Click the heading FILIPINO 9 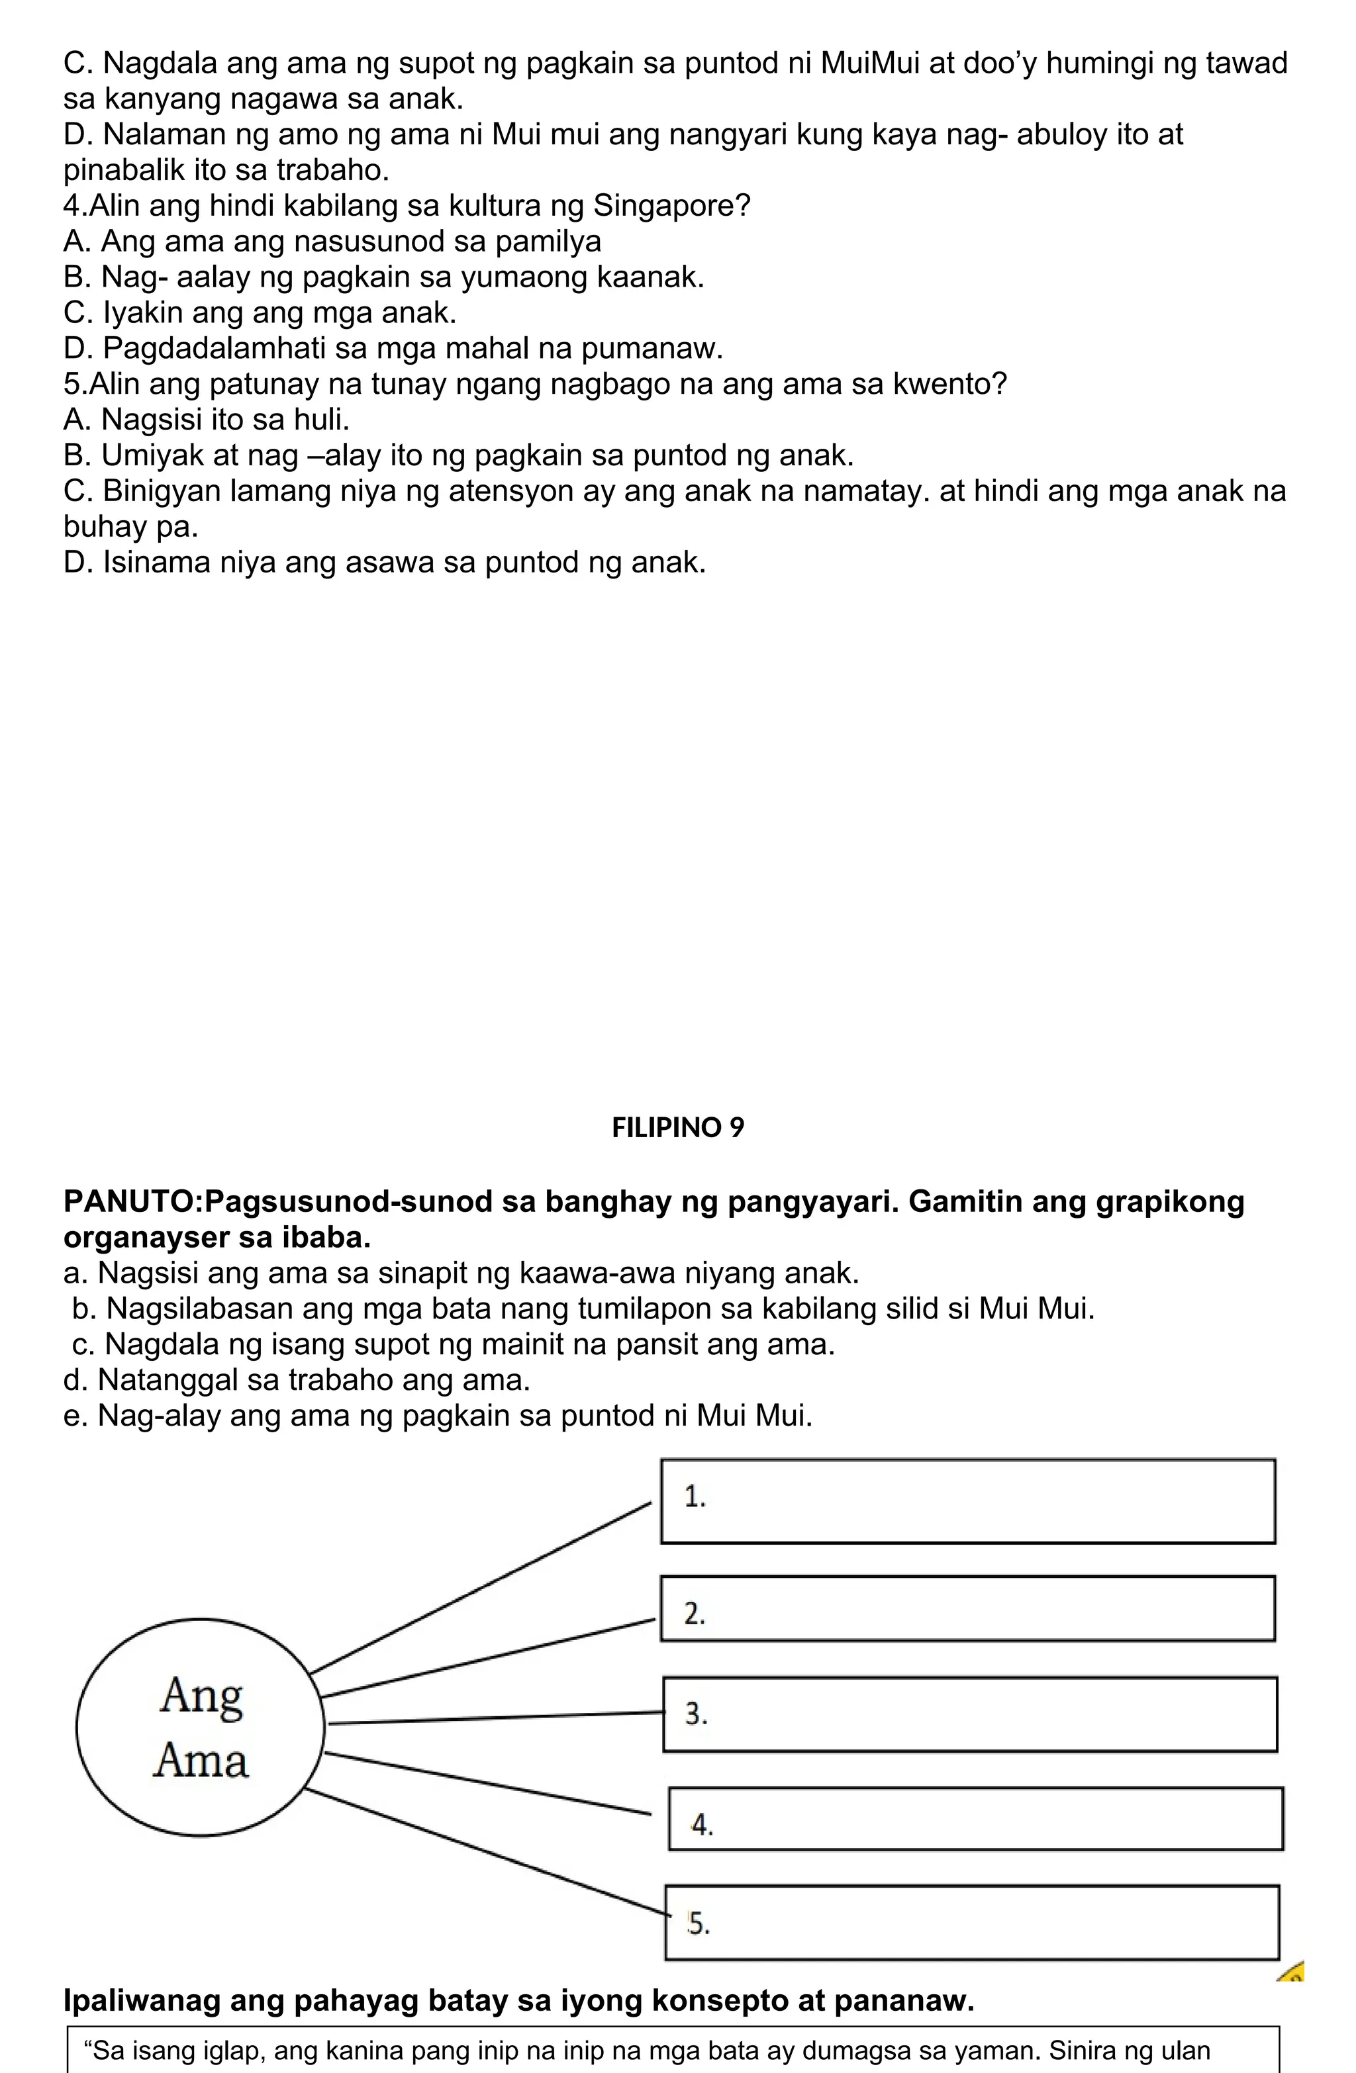point(678,1128)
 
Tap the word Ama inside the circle point(201,1761)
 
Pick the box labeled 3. point(969,1714)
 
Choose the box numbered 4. point(975,1819)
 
